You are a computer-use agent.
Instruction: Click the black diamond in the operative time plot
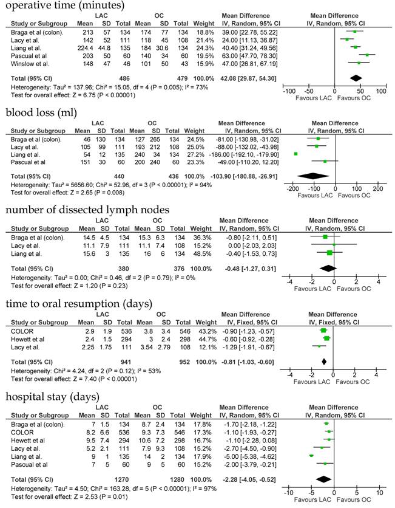356,77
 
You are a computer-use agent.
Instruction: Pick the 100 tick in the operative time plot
381,91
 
